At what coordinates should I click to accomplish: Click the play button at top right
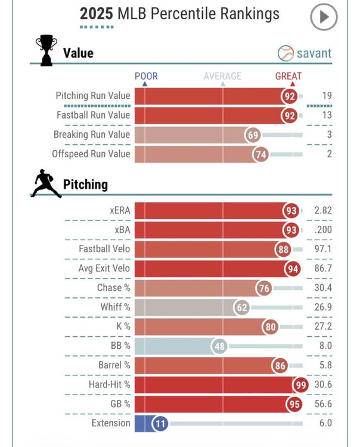(324, 17)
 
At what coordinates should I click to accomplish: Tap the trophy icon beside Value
(46, 51)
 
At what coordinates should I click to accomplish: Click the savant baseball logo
(286, 53)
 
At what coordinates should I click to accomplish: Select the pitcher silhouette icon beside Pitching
(46, 184)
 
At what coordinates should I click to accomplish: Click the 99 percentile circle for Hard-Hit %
(300, 385)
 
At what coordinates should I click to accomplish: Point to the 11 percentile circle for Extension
(160, 424)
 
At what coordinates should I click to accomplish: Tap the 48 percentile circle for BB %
(219, 346)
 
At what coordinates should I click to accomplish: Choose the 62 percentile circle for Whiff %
(241, 308)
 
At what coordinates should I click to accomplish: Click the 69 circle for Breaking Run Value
(253, 135)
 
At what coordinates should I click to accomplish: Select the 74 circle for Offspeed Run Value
(260, 154)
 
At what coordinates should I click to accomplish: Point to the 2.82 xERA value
(322, 211)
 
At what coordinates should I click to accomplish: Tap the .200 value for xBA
(322, 230)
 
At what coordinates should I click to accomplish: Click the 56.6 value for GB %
(322, 404)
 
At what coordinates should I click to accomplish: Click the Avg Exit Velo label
(104, 269)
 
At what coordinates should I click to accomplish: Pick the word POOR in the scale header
(146, 76)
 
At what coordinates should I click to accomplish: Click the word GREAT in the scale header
(288, 76)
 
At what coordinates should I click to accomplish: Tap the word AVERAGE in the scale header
(222, 76)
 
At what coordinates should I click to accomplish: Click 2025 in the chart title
(95, 14)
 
